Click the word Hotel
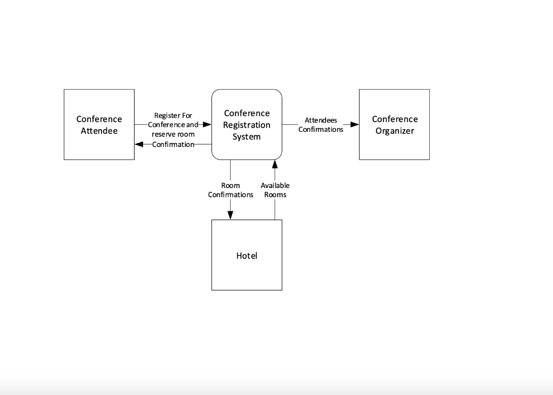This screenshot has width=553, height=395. [x=246, y=256]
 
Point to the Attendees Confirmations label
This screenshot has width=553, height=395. [x=321, y=125]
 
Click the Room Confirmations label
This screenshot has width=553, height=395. [x=231, y=190]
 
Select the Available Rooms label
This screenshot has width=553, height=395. [x=275, y=190]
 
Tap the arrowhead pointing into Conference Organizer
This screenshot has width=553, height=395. [x=354, y=124]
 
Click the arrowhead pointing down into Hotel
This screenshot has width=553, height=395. [x=231, y=215]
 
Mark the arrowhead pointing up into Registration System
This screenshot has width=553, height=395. [x=275, y=164]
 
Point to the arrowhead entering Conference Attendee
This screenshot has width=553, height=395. [x=139, y=144]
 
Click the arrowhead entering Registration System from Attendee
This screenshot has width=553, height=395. [x=206, y=124]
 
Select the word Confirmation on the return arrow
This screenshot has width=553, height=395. [x=173, y=144]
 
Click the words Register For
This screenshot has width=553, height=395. [x=173, y=116]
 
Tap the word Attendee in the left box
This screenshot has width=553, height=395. [x=99, y=131]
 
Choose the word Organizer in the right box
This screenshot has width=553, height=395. [x=394, y=131]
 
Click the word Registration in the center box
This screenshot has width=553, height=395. [x=247, y=125]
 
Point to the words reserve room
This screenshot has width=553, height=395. [x=173, y=135]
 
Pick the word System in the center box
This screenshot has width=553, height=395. [x=247, y=137]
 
